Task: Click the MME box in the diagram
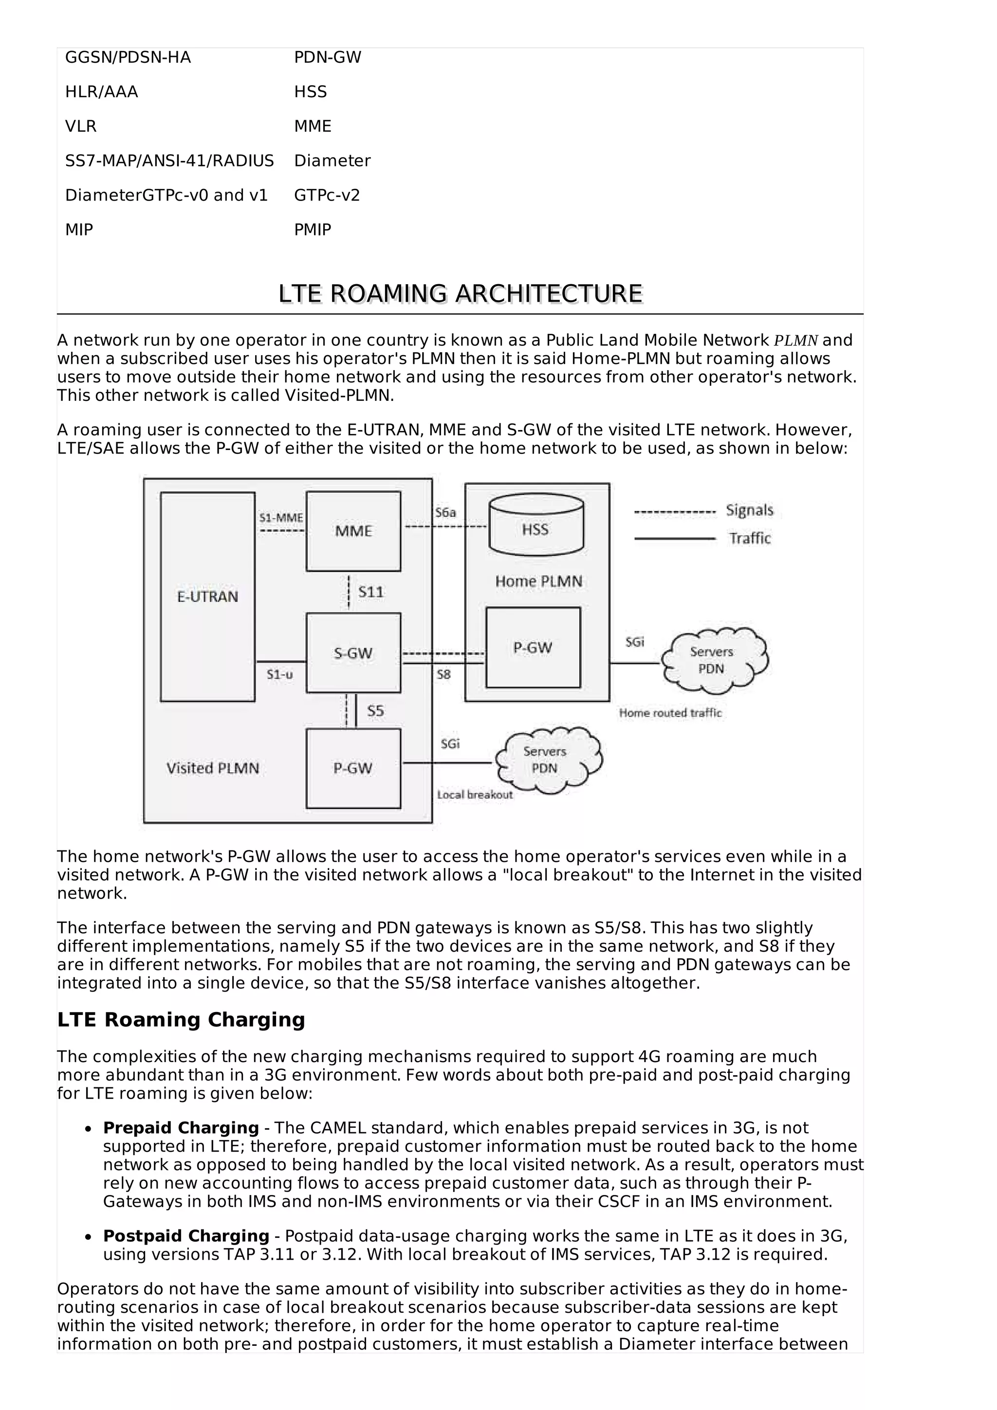353,531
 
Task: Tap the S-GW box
353,653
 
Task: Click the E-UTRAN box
208,597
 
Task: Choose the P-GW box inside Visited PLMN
353,768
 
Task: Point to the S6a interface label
445,512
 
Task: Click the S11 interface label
370,592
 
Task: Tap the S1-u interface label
279,674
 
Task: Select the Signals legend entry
749,510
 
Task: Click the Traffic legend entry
749,539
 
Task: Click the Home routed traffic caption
670,713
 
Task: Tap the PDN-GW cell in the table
328,58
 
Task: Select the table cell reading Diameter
332,161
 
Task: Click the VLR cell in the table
81,127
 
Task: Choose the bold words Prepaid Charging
181,1128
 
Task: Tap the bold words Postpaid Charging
186,1236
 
